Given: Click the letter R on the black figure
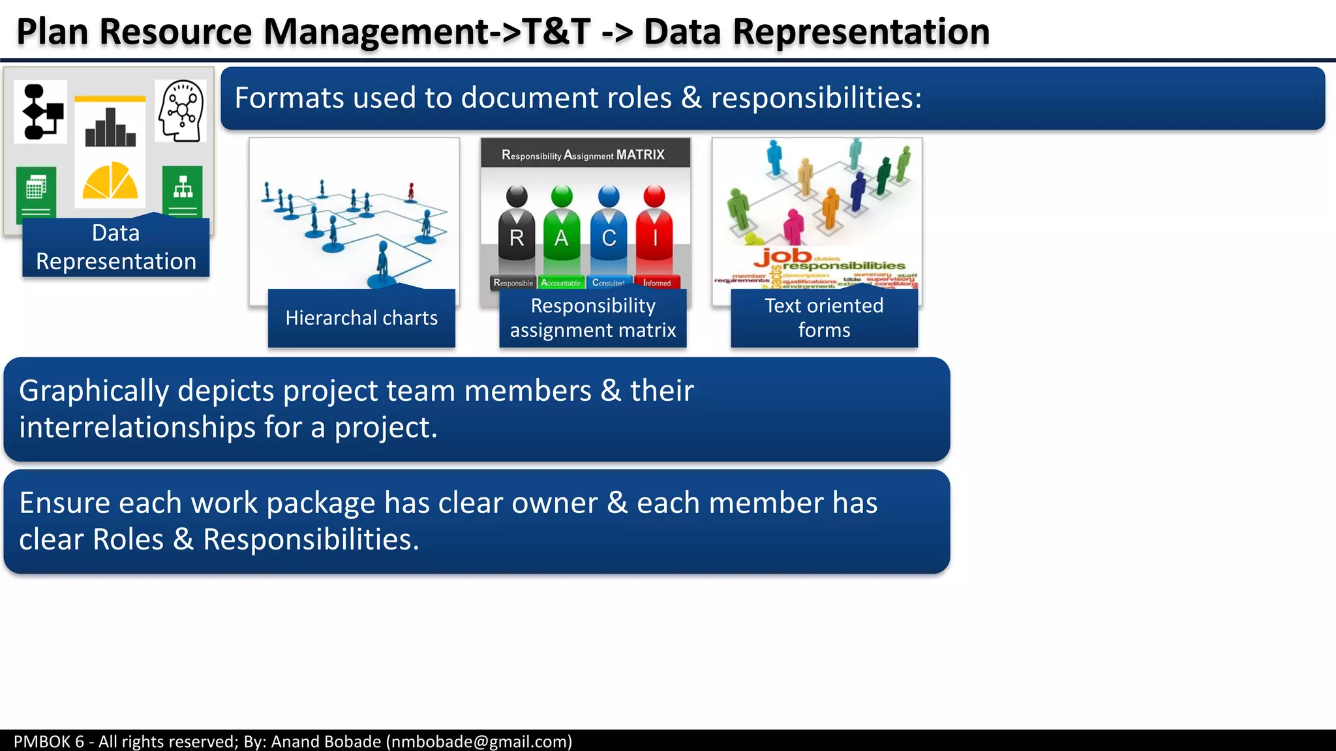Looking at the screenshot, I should click(x=517, y=239).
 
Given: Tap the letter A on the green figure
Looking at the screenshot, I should click(x=561, y=239).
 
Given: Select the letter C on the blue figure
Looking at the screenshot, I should click(x=609, y=239).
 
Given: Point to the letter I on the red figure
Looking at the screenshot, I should click(x=654, y=239).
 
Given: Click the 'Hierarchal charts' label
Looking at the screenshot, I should click(x=361, y=318).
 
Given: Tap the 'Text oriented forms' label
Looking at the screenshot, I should click(x=824, y=318).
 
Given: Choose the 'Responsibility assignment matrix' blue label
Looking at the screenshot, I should click(x=592, y=318).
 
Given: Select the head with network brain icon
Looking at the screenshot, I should click(x=181, y=111).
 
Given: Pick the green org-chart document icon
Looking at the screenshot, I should click(x=183, y=190).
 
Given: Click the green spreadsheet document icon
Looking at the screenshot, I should click(x=36, y=190).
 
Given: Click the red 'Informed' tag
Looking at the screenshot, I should click(x=657, y=283).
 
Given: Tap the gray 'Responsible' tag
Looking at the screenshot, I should click(x=513, y=283).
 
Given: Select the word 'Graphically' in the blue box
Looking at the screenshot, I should click(x=94, y=391).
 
